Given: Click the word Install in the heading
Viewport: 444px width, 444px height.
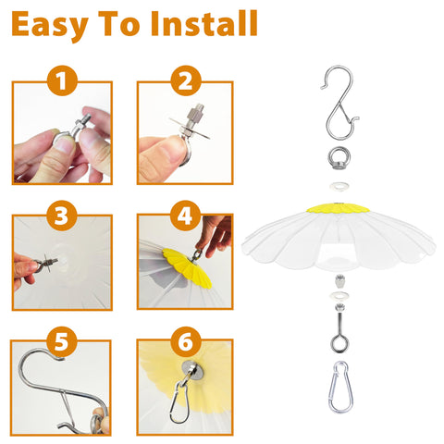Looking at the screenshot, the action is (x=204, y=24).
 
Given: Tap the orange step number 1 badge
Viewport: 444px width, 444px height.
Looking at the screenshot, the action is (x=62, y=80).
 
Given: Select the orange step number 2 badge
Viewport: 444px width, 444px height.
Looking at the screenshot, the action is (x=186, y=80).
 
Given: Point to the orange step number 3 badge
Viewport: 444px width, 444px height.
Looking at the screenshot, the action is (x=61, y=216).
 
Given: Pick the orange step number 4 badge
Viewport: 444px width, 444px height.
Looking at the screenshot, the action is (x=185, y=216).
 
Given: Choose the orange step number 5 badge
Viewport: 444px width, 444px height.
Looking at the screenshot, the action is (x=61, y=342).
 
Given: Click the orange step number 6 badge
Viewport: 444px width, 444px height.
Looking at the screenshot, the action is (x=185, y=342).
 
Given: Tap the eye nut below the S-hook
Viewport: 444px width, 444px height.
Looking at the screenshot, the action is (x=339, y=158).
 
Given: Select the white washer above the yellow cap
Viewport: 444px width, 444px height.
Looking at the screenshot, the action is (x=339, y=186).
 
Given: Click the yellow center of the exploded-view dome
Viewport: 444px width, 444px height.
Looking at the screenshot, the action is (x=339, y=208).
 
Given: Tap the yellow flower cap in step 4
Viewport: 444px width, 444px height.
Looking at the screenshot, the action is (x=187, y=267).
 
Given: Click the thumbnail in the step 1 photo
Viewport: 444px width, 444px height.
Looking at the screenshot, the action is (x=65, y=144).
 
